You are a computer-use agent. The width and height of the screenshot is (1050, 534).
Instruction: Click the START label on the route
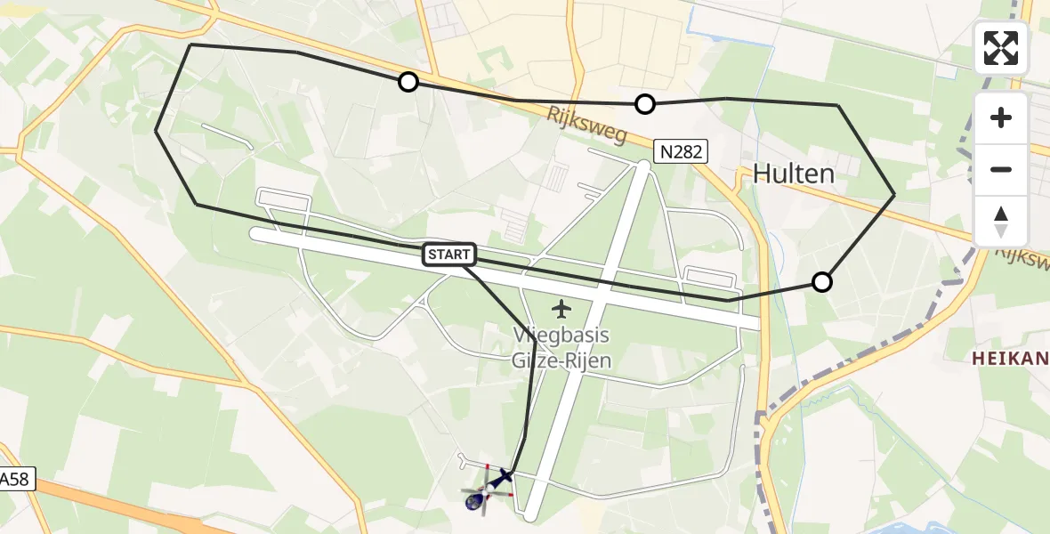tap(450, 255)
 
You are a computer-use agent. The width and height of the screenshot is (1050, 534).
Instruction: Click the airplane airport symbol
tap(561, 309)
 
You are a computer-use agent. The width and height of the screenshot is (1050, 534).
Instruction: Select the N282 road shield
tap(681, 151)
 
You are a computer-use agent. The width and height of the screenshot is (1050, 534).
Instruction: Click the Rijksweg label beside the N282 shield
tap(587, 125)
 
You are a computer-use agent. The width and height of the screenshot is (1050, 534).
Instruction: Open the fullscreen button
tap(1001, 48)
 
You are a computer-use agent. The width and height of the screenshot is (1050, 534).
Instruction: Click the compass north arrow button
tap(1001, 221)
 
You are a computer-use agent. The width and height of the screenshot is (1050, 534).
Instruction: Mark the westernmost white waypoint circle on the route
tap(408, 82)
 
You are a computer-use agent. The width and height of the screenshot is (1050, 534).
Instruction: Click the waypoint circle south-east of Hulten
tap(822, 282)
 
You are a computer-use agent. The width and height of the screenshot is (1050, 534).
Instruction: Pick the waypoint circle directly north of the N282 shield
tap(645, 104)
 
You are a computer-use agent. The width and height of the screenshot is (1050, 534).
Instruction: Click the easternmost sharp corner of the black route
tap(893, 194)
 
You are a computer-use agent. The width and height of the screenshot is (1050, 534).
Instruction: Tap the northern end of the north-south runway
tap(645, 166)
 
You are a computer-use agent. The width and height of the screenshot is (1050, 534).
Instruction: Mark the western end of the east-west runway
tap(256, 234)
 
